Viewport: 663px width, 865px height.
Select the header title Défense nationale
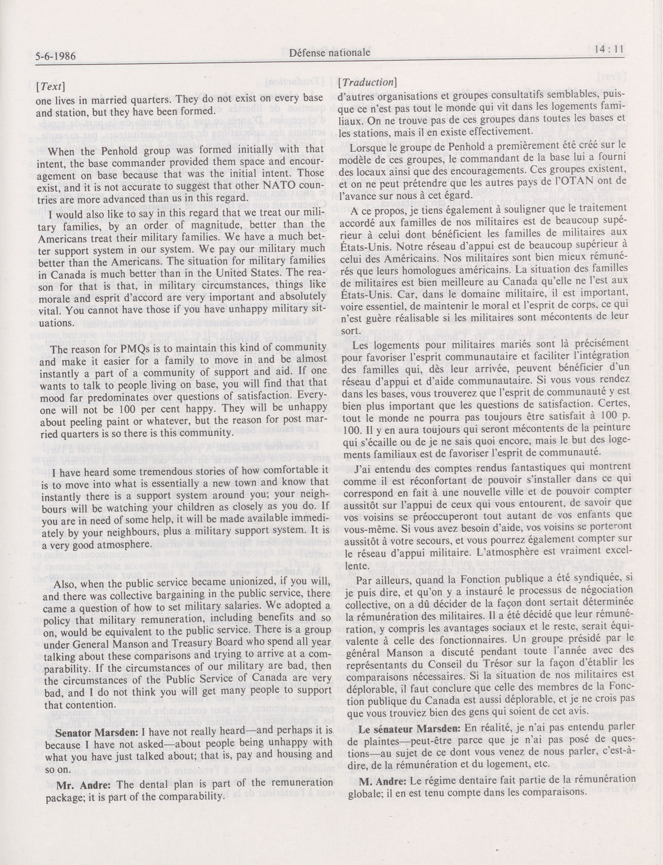[x=330, y=53]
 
